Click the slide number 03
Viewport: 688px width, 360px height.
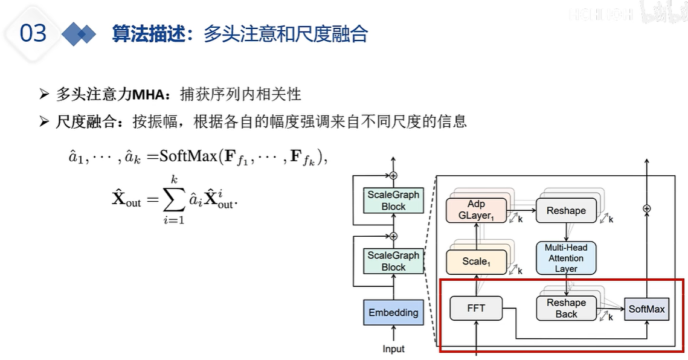[x=33, y=33]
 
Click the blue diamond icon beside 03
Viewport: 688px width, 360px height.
[x=79, y=34]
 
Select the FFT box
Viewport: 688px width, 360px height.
[x=476, y=308]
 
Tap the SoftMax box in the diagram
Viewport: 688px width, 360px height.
[x=646, y=309]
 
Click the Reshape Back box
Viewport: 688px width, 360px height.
[x=566, y=308]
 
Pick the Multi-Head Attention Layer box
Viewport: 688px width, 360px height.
[x=566, y=258]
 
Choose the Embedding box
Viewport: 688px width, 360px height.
[x=393, y=312]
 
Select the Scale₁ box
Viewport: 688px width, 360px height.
[x=475, y=262]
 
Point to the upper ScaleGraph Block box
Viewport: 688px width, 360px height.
[x=393, y=201]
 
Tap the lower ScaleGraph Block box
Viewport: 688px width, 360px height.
[x=393, y=261]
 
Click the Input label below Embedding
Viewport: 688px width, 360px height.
[x=393, y=349]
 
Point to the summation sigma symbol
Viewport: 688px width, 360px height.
[x=174, y=197]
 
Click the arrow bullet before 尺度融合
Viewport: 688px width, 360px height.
[x=43, y=122]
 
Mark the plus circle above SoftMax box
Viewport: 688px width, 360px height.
[x=647, y=208]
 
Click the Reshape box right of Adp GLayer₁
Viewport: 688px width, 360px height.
[x=566, y=210]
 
